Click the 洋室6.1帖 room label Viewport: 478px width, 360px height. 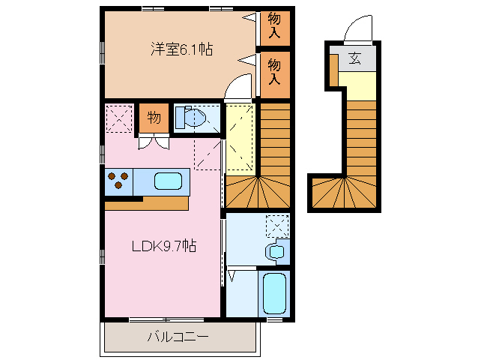point(181,49)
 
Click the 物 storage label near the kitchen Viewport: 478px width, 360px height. point(154,118)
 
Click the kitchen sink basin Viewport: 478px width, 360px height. point(168,181)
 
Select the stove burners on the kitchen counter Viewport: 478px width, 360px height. point(118,181)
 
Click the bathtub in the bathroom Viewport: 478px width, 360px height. point(275,295)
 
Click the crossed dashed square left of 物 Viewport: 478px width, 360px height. point(118,118)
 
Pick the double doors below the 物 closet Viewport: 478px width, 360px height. point(153,142)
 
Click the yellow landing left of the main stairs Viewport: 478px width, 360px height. point(240,139)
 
